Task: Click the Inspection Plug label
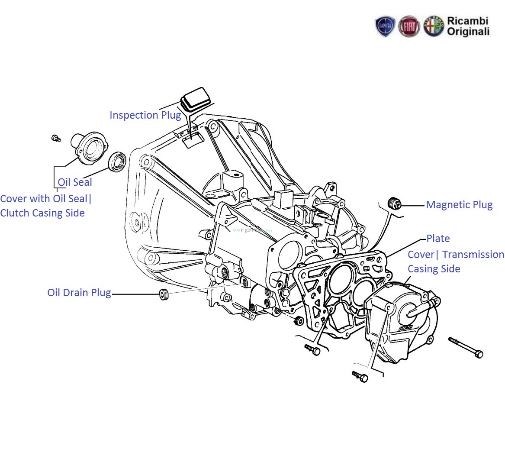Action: [x=145, y=115]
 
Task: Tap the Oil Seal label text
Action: [x=75, y=182]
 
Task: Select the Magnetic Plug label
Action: [x=459, y=205]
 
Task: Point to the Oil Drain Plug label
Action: [x=79, y=293]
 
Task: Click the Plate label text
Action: [x=438, y=239]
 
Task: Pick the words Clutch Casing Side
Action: [x=42, y=213]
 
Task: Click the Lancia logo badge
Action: [x=385, y=27]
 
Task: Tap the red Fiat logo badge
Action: [x=409, y=27]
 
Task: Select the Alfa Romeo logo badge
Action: [x=434, y=27]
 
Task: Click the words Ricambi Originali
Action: [x=468, y=26]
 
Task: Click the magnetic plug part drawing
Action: [x=394, y=203]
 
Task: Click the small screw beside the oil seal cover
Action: [x=55, y=138]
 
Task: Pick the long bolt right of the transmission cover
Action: [x=466, y=347]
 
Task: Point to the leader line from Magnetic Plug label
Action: [x=413, y=206]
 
